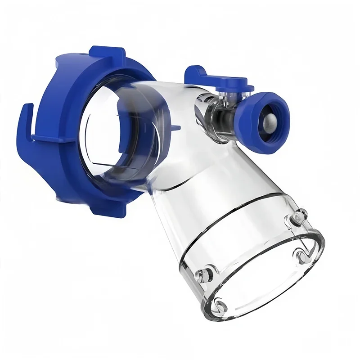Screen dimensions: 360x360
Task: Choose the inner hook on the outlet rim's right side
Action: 301,256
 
